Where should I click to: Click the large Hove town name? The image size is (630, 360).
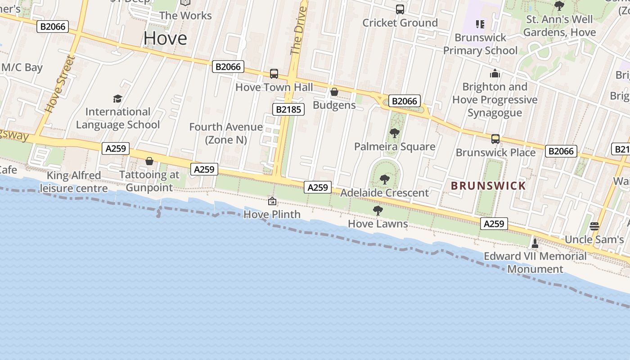(x=165, y=38)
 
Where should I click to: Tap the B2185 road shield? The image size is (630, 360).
(x=288, y=109)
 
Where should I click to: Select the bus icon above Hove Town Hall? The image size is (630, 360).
(x=274, y=74)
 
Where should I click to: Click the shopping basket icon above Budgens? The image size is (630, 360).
(x=334, y=92)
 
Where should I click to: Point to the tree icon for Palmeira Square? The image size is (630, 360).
(x=394, y=133)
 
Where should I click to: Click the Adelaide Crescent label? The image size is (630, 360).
(x=384, y=193)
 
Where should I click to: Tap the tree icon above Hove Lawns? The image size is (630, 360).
(x=378, y=210)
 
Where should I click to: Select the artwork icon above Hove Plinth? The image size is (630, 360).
(x=272, y=201)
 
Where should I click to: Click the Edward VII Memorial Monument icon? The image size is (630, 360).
(x=535, y=243)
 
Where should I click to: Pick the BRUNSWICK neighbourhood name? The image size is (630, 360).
(x=488, y=185)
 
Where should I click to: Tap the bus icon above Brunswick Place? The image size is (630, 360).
(x=495, y=139)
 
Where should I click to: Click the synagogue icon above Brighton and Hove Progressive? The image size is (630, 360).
(x=495, y=73)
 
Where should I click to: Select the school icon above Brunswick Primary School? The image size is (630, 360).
(x=480, y=24)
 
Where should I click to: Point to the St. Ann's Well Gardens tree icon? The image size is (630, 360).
(x=559, y=6)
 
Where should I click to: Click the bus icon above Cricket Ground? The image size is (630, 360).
(x=400, y=9)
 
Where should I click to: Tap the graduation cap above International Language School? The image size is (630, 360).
(x=117, y=99)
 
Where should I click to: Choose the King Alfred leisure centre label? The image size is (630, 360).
(x=74, y=182)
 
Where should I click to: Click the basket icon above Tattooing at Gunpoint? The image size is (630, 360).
(x=149, y=161)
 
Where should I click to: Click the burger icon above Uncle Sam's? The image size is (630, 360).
(x=594, y=226)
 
